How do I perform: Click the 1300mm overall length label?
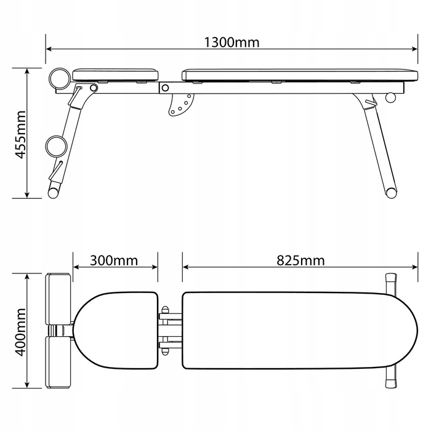pyautogui.click(x=232, y=42)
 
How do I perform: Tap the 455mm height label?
pyautogui.click(x=20, y=135)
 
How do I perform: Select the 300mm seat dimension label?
pyautogui.click(x=114, y=260)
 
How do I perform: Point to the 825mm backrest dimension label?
pyautogui.click(x=300, y=260)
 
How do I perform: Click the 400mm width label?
pyautogui.click(x=20, y=332)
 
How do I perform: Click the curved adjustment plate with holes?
pyautogui.click(x=180, y=105)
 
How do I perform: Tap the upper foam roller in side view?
pyautogui.click(x=59, y=79)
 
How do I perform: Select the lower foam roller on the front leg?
pyautogui.click(x=57, y=147)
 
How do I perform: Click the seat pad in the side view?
pyautogui.click(x=115, y=75)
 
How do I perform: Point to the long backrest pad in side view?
pyautogui.click(x=300, y=75)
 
